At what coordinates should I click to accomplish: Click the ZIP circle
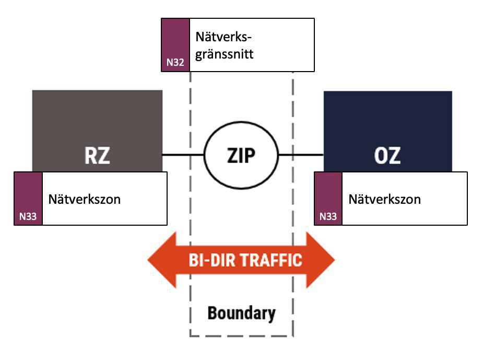point(241,155)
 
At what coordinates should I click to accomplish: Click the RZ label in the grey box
point(97,155)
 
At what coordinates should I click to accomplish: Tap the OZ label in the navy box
point(387,155)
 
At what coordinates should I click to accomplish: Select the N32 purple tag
point(175,45)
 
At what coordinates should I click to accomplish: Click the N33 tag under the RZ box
point(28,199)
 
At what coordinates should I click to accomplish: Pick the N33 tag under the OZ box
point(328,199)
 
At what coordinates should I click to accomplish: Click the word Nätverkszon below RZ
point(85,199)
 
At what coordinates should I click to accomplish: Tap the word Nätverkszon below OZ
point(384,199)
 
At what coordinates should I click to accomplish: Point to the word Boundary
point(241,313)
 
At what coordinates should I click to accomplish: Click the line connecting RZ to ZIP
point(182,155)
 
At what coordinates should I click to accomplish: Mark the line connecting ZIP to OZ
point(301,155)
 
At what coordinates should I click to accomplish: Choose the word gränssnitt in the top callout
point(225,53)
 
